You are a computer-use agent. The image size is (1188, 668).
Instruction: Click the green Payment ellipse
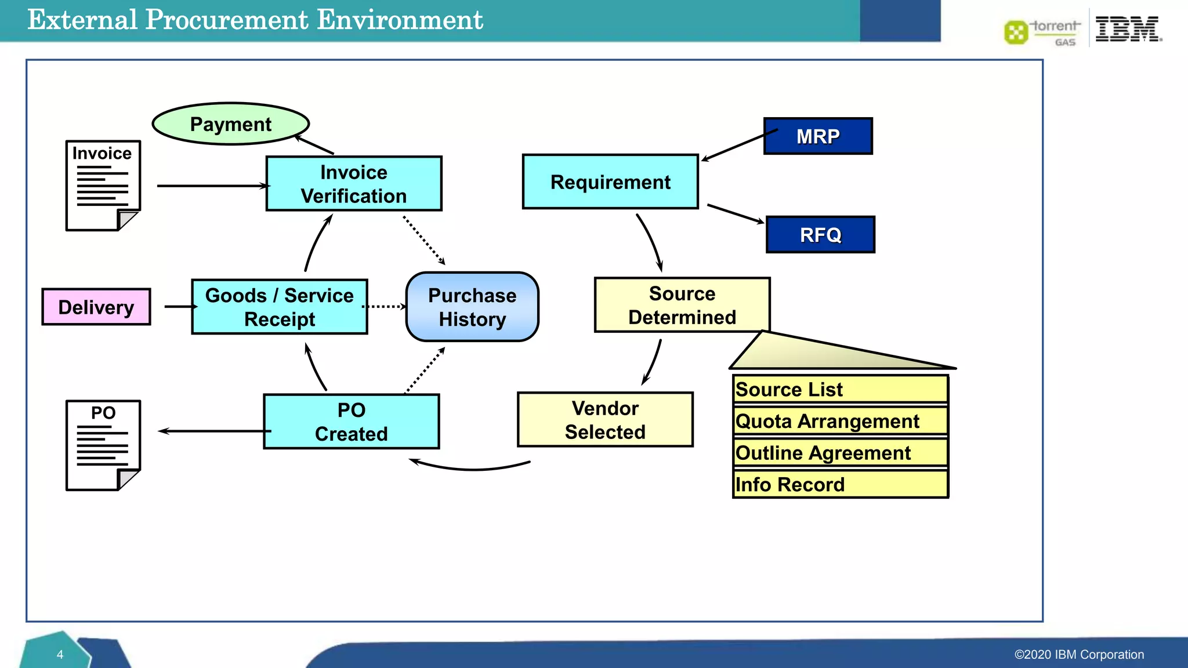pos(231,124)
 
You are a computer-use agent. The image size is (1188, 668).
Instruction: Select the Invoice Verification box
pos(354,184)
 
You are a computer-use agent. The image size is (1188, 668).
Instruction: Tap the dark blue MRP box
pos(818,136)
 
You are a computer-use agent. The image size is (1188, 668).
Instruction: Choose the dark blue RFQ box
pos(820,235)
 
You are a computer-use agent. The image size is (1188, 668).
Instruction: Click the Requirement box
pos(610,182)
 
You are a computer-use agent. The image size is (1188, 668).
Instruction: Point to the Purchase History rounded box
pos(472,307)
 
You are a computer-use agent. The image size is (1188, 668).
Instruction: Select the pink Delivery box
pos(96,307)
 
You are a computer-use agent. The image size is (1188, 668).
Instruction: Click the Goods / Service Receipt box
pos(280,307)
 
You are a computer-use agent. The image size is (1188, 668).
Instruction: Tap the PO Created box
pos(352,422)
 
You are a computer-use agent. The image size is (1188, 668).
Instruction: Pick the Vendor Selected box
pos(605,420)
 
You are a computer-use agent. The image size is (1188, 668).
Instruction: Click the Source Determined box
pos(682,306)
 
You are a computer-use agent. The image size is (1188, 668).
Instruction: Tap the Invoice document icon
pos(103,186)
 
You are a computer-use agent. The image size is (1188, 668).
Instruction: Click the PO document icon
pos(103,445)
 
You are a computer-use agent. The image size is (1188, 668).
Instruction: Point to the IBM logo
pos(1127,29)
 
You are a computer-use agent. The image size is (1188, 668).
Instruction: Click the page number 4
pos(60,655)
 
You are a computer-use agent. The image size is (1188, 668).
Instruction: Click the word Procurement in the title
pos(227,20)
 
